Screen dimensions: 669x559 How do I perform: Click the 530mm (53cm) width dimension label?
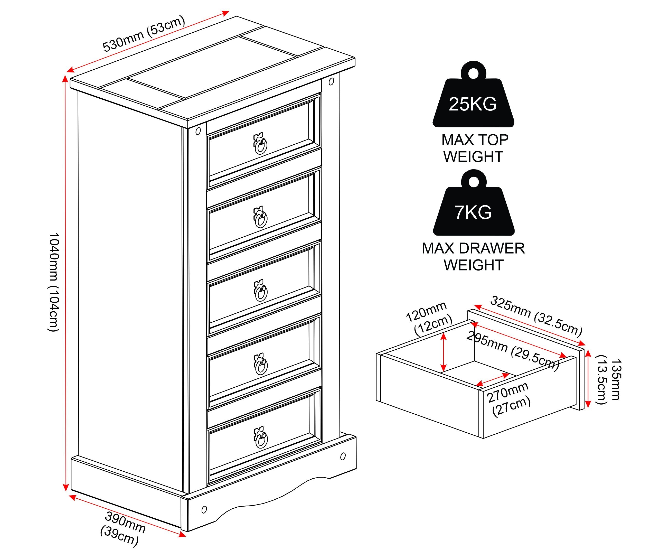[144, 33]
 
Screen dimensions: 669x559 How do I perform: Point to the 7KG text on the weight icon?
[473, 212]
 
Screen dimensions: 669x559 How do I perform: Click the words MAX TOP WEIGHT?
[474, 148]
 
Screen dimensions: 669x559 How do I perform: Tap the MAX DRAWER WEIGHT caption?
[473, 257]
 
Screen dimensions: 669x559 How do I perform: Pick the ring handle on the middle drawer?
[261, 290]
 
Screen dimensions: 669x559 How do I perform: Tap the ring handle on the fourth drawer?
[261, 364]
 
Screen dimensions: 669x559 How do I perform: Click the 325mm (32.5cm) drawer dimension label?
[536, 315]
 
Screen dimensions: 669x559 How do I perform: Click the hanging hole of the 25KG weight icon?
[474, 73]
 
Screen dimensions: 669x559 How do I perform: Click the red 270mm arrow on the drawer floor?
[492, 380]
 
